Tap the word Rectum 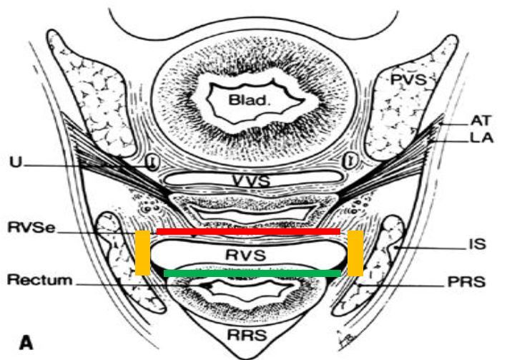39,280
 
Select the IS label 478,244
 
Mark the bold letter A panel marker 27,342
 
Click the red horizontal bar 248,232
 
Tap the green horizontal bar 252,273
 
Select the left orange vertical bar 142,253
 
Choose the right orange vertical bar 355,253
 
